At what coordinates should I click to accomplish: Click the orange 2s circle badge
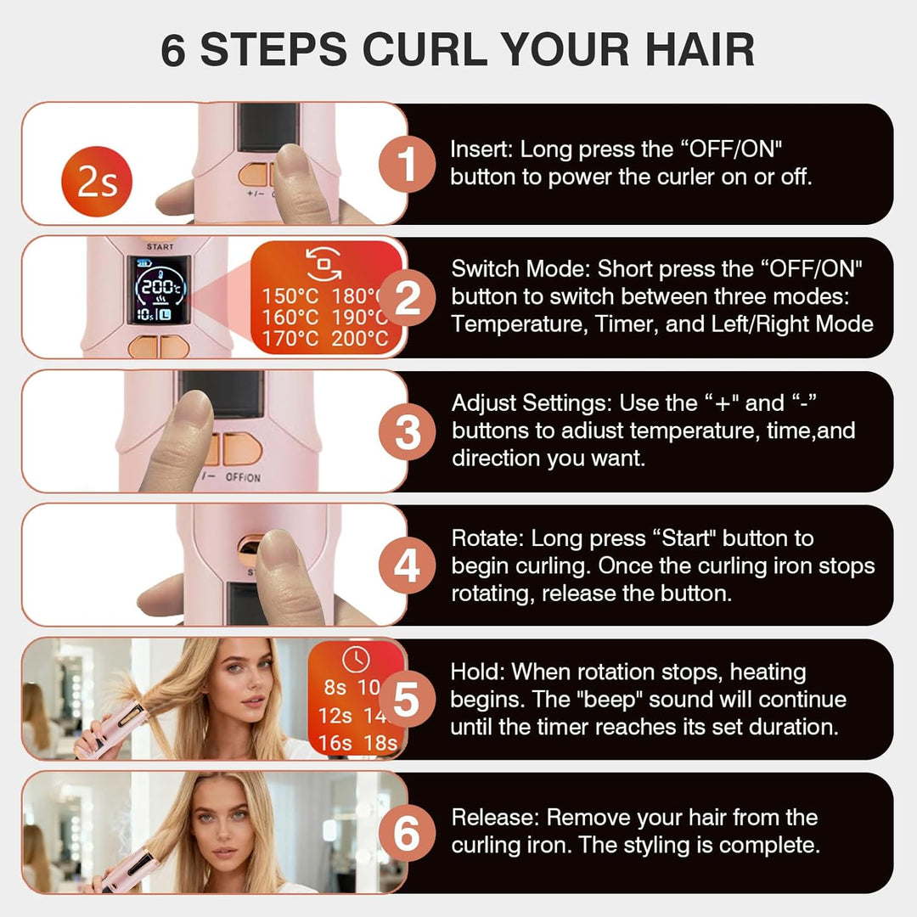[x=97, y=182]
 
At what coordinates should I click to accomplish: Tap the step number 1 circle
[x=407, y=164]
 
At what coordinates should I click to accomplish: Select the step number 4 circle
[x=407, y=565]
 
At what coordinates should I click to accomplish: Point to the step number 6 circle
[x=407, y=834]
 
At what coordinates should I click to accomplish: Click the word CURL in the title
[x=425, y=50]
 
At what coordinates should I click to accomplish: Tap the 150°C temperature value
[x=290, y=296]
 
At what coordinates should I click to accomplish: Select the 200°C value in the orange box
[x=360, y=339]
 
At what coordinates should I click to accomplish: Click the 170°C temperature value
[x=290, y=339]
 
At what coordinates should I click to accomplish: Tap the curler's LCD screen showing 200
[x=160, y=290]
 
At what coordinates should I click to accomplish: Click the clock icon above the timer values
[x=356, y=660]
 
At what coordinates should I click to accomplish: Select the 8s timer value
[x=335, y=688]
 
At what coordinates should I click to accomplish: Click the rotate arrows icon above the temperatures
[x=324, y=263]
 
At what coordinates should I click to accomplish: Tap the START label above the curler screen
[x=160, y=247]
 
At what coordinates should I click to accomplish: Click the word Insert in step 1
[x=481, y=149]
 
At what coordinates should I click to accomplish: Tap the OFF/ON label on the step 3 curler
[x=244, y=477]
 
